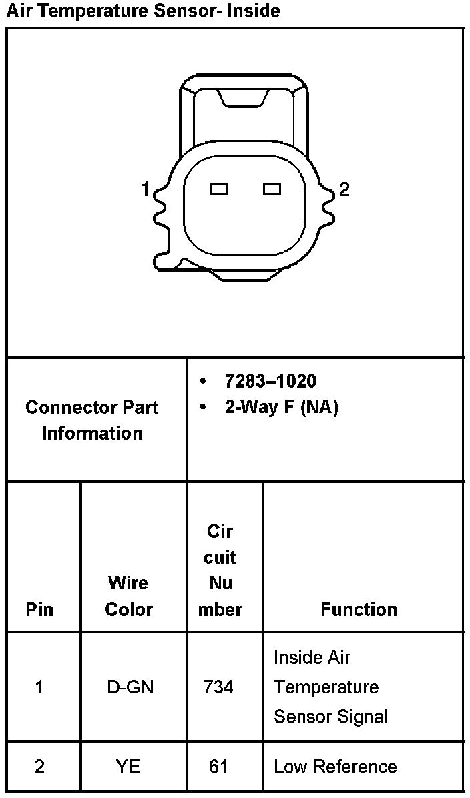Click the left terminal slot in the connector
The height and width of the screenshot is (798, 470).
pos(219,189)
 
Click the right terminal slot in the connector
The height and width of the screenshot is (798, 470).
pos(272,189)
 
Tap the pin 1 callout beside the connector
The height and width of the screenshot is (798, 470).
pos(145,190)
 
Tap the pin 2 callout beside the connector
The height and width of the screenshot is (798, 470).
pos(344,190)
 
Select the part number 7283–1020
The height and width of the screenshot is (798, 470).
pos(270,381)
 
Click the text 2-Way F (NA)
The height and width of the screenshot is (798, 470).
pos(281,407)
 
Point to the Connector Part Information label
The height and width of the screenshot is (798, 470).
pos(92,420)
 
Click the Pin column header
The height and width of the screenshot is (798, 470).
pos(39,609)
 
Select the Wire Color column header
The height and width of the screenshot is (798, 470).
pos(129,596)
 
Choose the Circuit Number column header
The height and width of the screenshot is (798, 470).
pos(220,570)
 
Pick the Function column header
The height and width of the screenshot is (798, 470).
pos(359,609)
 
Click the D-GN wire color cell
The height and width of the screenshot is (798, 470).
pos(130,687)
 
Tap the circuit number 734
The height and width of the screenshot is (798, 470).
pos(218,687)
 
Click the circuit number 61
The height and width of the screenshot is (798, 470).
pos(218,767)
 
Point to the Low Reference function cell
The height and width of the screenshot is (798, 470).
pos(335,767)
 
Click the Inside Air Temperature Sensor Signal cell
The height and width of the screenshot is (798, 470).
pos(330,687)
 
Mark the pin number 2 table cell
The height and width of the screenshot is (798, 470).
pos(39,767)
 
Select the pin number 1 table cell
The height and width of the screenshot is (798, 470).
pos(39,687)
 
